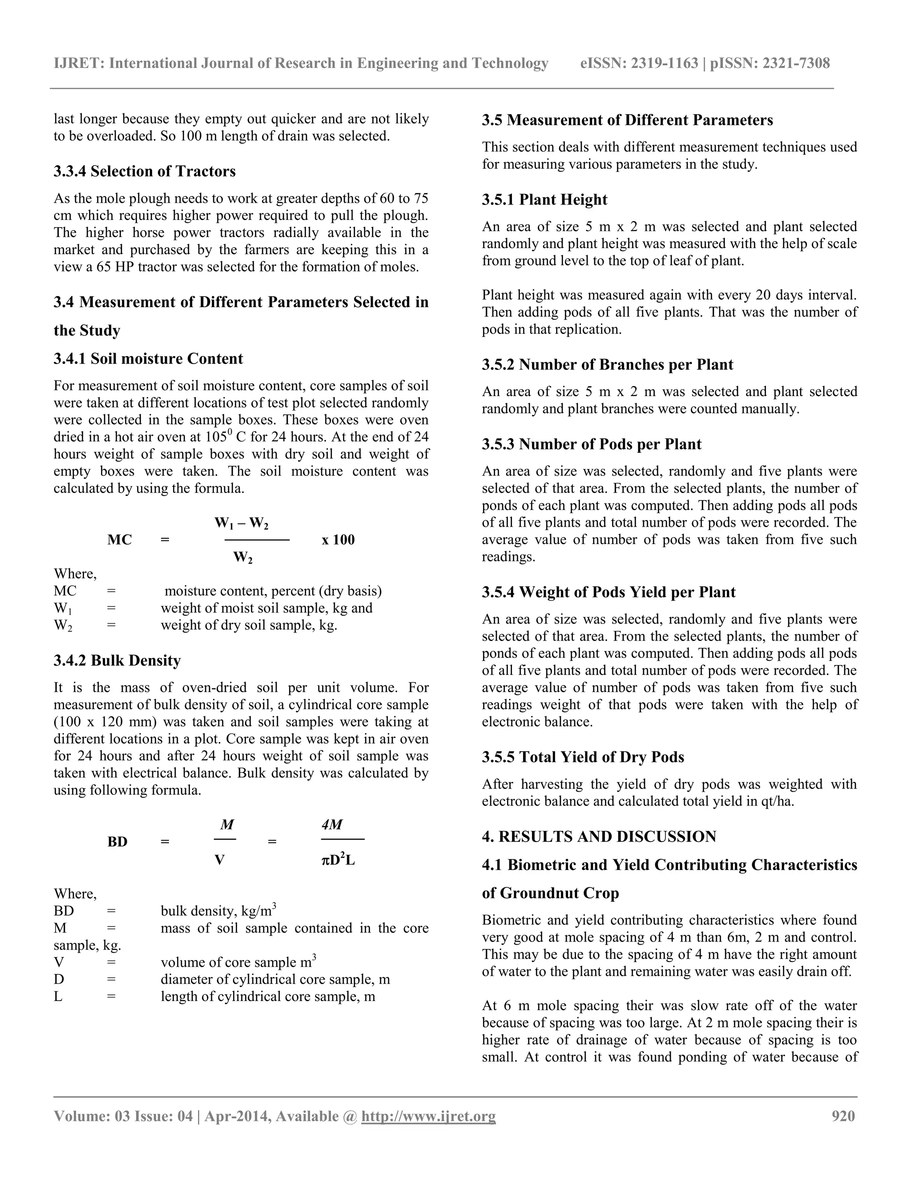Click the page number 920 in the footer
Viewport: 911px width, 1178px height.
coord(843,1115)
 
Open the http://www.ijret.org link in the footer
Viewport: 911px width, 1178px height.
coord(428,1115)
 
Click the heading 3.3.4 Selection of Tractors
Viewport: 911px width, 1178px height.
coord(145,171)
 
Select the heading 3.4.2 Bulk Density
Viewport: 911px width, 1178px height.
coord(117,660)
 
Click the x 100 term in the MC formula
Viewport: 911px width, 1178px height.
coord(339,540)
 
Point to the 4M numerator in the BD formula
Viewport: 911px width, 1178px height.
coord(332,824)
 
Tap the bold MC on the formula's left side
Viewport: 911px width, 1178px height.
coord(119,540)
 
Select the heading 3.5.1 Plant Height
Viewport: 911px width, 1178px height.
coord(544,200)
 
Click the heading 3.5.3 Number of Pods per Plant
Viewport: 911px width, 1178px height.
coord(592,444)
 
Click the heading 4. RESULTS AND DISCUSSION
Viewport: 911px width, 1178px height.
coord(599,837)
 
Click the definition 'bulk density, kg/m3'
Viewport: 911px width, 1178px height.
coord(218,911)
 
